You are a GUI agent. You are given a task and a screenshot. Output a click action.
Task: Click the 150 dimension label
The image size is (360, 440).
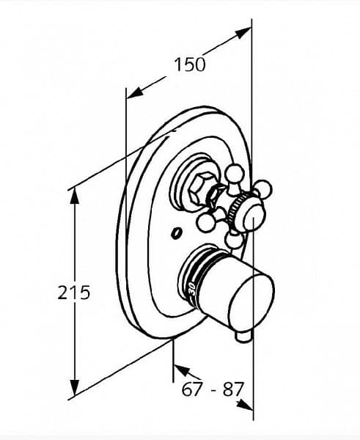[190, 65]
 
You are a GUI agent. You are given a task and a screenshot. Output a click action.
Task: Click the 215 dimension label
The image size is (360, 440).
[74, 293]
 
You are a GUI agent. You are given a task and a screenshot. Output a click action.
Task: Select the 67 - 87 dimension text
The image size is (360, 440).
[212, 389]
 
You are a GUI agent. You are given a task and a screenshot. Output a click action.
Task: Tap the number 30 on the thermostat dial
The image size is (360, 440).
[193, 289]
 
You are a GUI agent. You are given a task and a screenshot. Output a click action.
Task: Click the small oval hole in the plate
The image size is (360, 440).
[177, 233]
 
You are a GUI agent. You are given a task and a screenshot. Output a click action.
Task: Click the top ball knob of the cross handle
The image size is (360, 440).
[235, 173]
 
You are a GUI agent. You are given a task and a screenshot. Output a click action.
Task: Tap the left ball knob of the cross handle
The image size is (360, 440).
[207, 222]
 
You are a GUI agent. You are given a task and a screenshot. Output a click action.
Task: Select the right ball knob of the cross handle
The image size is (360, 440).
[263, 188]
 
